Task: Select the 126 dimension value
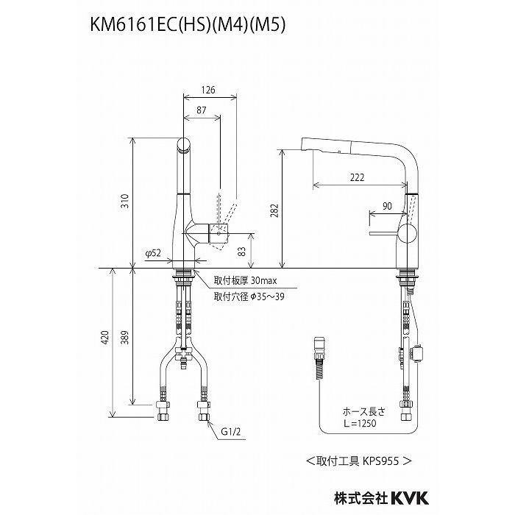(209, 90)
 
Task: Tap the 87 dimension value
(201, 109)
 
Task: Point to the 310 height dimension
(125, 202)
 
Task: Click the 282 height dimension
(274, 208)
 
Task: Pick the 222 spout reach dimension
(358, 177)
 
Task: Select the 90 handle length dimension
(387, 207)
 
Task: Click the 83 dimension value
(242, 252)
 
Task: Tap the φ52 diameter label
(153, 252)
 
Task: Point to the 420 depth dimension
(105, 338)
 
